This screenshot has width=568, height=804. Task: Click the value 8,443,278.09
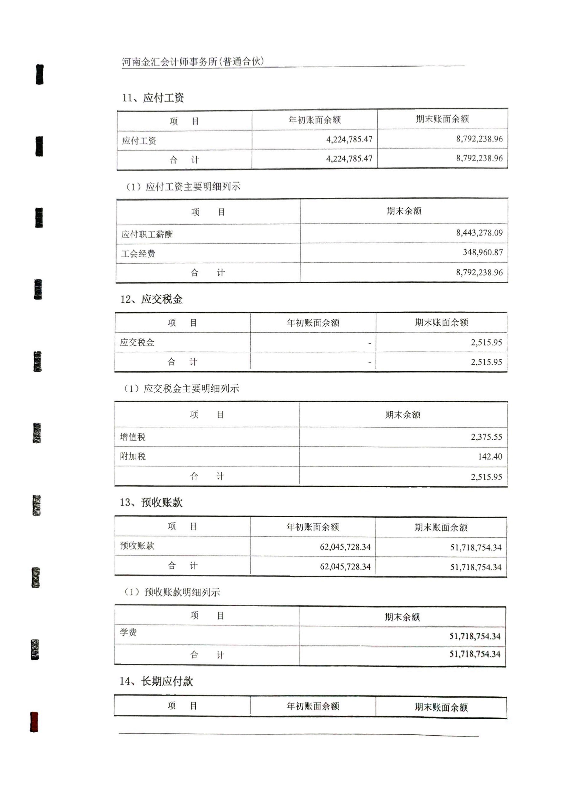coord(479,233)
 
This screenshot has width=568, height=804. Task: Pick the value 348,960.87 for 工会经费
coord(483,252)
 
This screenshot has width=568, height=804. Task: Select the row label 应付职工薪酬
coord(147,234)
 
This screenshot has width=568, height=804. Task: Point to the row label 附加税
coord(133,456)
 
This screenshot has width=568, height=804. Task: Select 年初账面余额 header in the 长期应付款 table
coord(313,706)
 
